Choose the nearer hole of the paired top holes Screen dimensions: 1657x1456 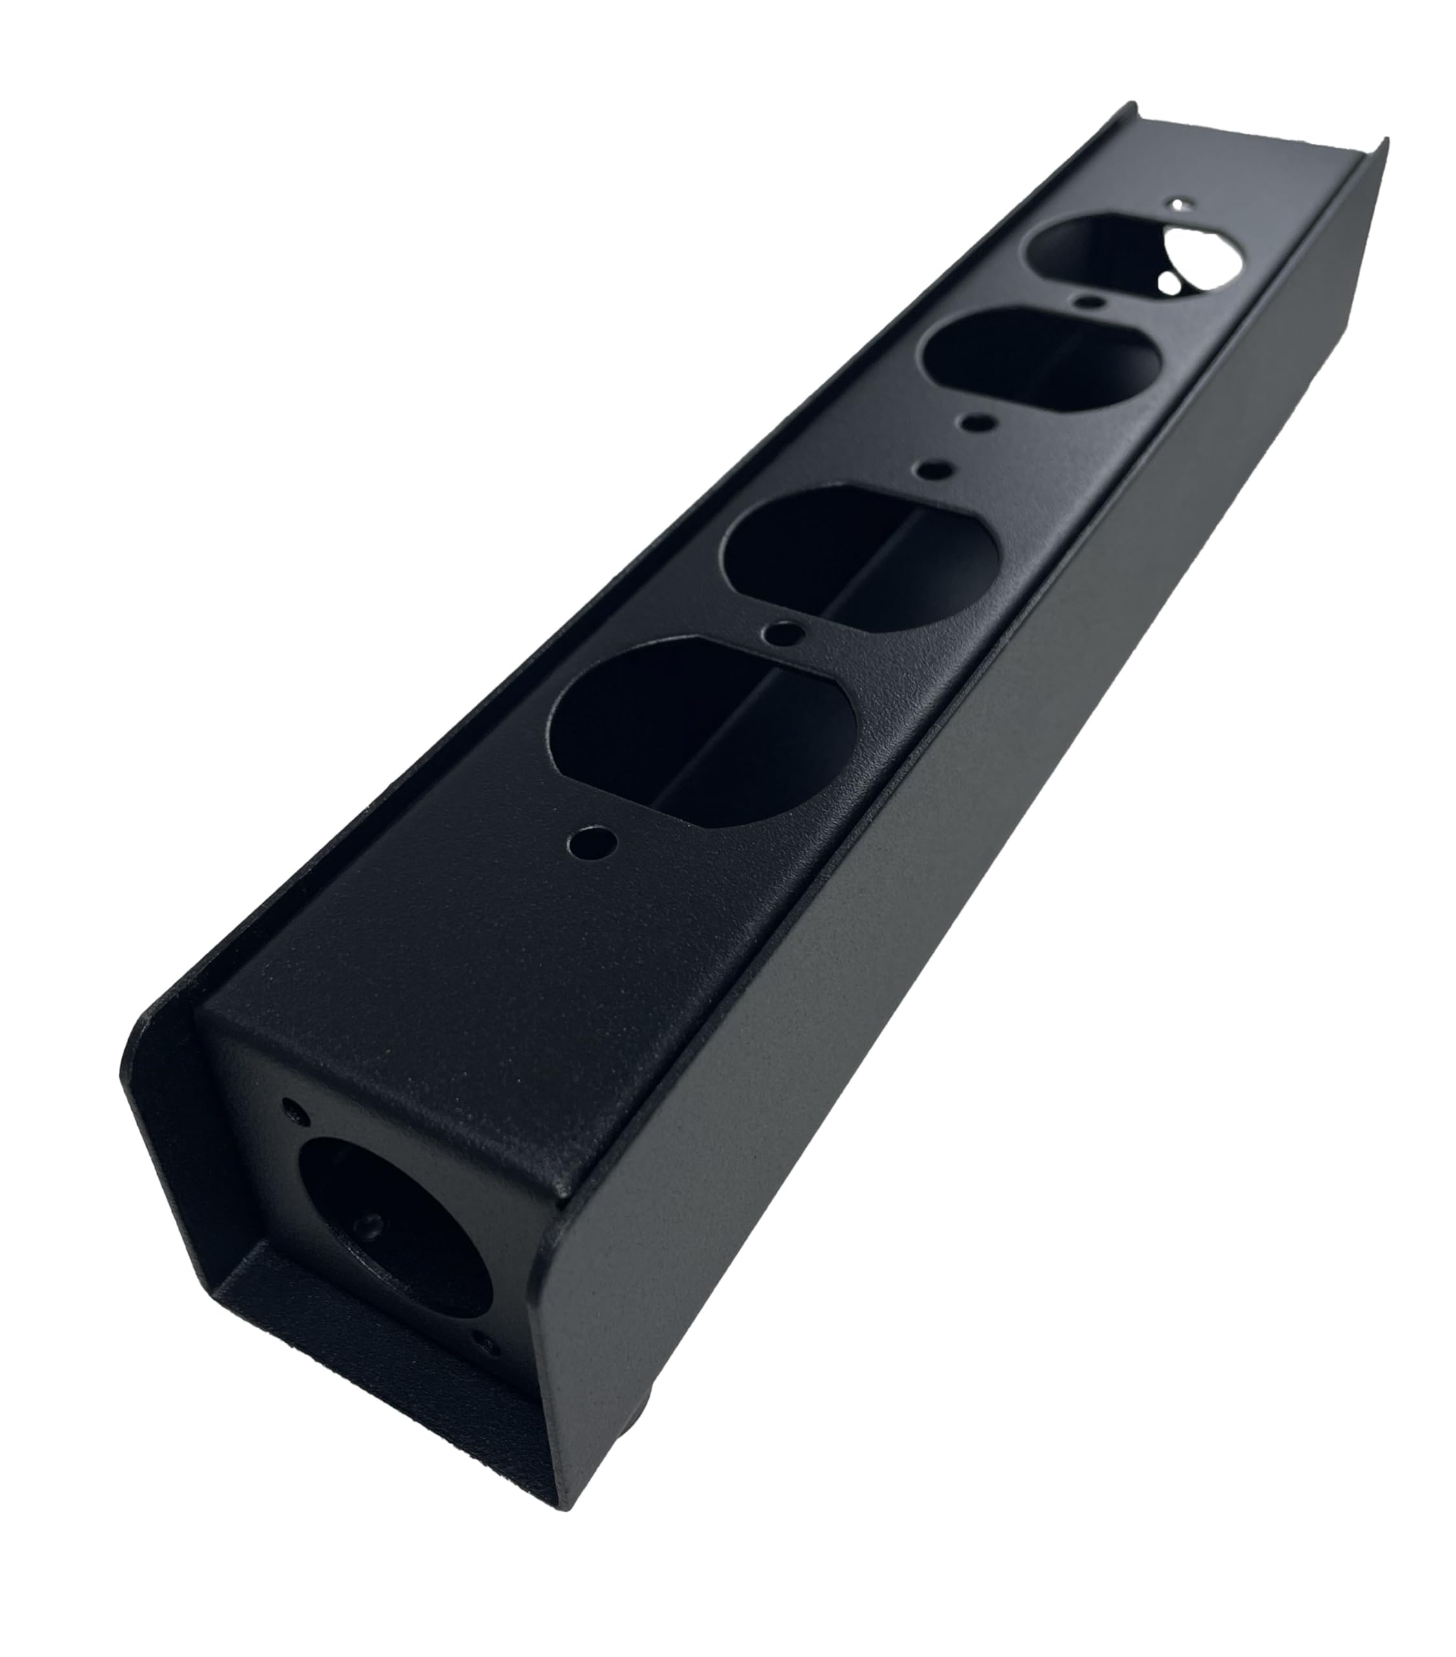pyautogui.click(x=935, y=468)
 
